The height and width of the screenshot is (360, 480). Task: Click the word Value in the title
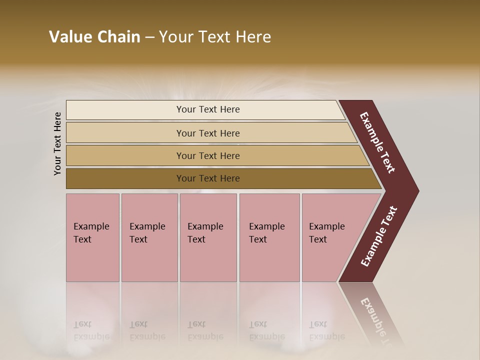(x=69, y=37)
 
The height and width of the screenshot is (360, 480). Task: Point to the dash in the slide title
(x=149, y=37)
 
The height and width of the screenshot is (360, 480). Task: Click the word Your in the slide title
(x=176, y=37)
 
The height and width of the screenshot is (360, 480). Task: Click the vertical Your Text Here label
(x=58, y=143)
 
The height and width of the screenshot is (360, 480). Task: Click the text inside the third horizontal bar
(x=208, y=156)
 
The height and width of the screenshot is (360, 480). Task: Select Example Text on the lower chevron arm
(x=379, y=236)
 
